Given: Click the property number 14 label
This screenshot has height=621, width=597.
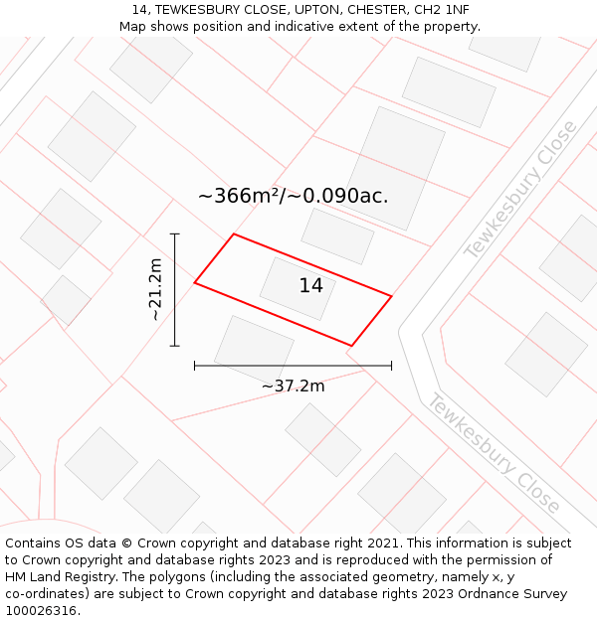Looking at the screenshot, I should (310, 286).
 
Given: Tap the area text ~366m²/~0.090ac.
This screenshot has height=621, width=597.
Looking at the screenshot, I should (293, 196).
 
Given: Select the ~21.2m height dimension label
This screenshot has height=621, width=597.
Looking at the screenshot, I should (155, 289).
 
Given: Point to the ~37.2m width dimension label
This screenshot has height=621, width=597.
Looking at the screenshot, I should (293, 386).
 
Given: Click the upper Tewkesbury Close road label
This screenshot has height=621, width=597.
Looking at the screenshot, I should (519, 190).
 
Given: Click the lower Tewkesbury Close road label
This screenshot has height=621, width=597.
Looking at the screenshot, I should (494, 453).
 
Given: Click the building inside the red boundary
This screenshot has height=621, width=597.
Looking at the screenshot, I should (297, 288).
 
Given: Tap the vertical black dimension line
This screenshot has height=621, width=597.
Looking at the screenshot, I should (175, 289).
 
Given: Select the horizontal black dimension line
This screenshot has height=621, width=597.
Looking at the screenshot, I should (293, 366).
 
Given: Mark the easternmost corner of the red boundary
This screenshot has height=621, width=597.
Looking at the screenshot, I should (391, 296).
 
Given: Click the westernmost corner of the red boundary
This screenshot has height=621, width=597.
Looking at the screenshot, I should (195, 283).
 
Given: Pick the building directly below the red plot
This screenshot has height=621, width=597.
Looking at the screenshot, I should (254, 347).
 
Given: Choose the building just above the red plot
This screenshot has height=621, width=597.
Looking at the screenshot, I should (337, 235).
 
